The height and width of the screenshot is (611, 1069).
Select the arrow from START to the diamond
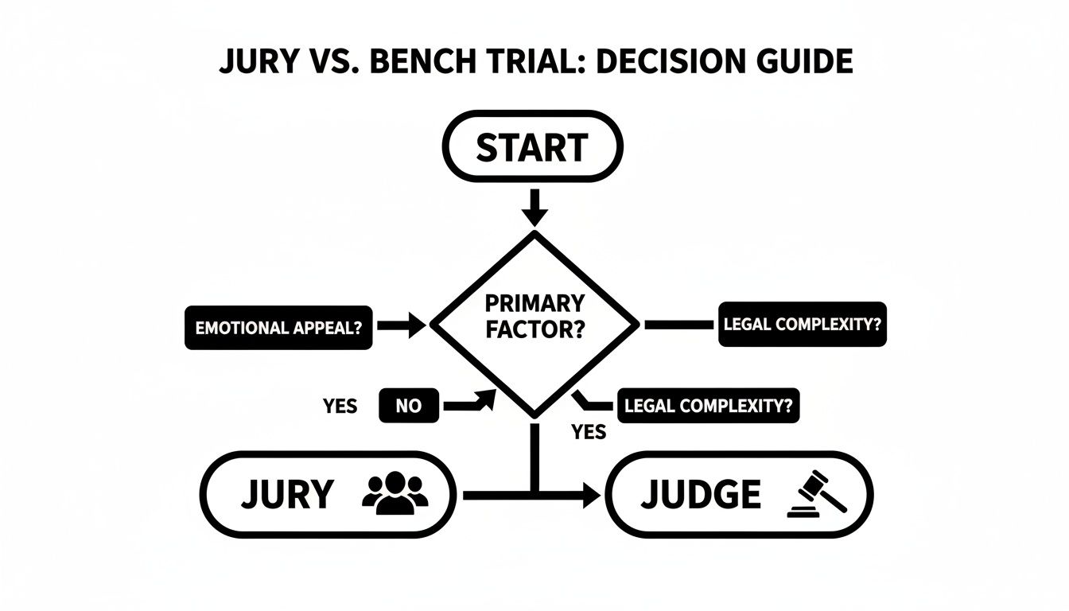pos(534,207)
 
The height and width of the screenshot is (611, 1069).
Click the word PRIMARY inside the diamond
pos(534,303)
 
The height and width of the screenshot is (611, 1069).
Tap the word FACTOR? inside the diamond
pos(534,331)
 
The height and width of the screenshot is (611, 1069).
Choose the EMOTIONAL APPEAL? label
pos(278,326)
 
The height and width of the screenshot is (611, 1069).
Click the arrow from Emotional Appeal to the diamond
pos(402,325)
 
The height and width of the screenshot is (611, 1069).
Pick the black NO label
pos(409,407)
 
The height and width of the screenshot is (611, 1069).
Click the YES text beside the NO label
pos(340,407)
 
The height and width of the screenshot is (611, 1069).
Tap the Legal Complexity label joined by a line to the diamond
pos(802,324)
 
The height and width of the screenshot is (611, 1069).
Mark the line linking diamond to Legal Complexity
pos(678,325)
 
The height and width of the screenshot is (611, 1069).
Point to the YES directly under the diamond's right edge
pos(589,432)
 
